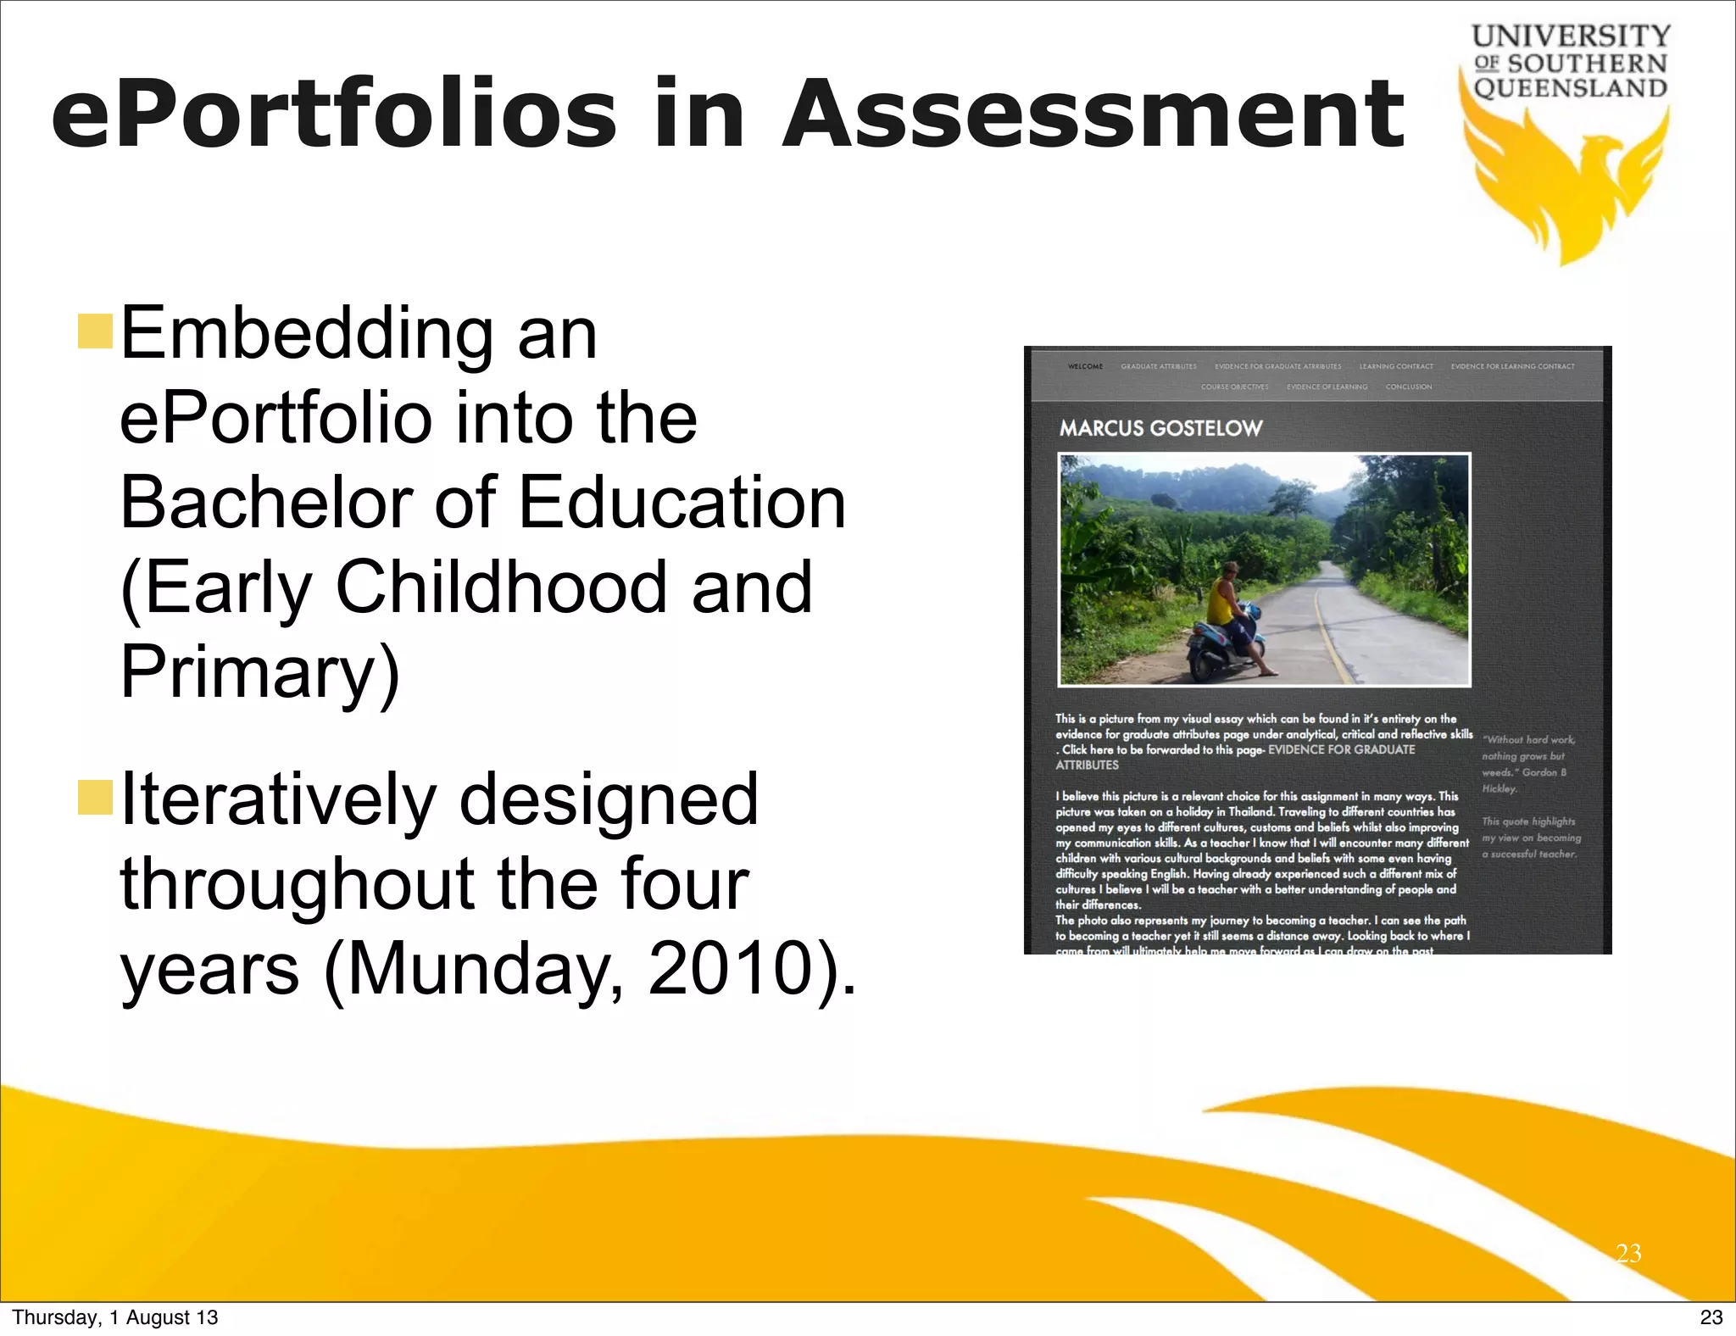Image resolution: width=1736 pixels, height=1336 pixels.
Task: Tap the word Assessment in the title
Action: pos(1093,114)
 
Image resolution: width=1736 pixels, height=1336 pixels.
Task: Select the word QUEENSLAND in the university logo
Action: pos(1571,88)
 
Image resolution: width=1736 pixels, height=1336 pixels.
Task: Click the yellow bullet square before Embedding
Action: pos(95,331)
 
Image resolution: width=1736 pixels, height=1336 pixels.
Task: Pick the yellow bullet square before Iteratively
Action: pos(95,798)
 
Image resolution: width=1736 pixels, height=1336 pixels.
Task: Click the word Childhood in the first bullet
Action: pos(500,587)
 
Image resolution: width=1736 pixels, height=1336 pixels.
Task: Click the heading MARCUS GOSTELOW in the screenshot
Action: pos(1160,428)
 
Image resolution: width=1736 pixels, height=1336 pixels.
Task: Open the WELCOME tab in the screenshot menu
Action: pos(1085,367)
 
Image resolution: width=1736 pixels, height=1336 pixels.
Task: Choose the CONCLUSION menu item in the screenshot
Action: pos(1409,387)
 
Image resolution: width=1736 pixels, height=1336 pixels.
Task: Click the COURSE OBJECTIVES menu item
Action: pos(1234,387)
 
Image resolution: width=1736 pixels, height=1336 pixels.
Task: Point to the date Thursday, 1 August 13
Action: pos(115,1317)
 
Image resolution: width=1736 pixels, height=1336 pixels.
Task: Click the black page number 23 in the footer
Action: pos(1711,1317)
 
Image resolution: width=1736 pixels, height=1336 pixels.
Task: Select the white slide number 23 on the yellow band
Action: pos(1628,1253)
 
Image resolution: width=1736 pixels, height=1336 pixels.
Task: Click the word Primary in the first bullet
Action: pos(259,671)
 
